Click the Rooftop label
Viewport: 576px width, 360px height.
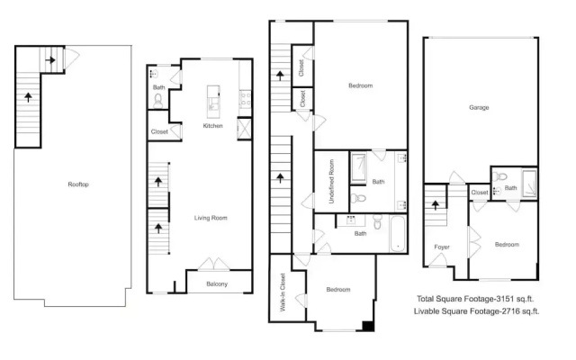point(78,184)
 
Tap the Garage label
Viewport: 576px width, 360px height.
point(479,108)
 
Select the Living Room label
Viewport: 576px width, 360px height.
point(211,218)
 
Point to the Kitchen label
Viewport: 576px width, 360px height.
point(212,126)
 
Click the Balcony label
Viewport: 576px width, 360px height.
point(217,284)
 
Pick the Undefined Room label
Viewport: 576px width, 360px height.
point(331,182)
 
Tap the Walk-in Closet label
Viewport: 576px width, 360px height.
point(283,292)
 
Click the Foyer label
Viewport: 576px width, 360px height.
point(442,247)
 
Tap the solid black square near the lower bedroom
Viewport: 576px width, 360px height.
point(368,326)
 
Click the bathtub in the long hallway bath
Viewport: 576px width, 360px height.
point(398,234)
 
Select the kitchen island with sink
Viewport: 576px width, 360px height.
point(213,102)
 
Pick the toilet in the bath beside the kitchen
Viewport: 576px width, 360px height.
point(158,101)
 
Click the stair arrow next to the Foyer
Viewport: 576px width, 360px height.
point(436,204)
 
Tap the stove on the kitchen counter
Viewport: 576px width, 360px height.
point(245,98)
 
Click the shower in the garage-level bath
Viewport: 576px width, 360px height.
point(529,184)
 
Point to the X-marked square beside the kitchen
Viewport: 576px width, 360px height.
point(244,128)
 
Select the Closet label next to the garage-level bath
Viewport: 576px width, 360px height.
point(480,192)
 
